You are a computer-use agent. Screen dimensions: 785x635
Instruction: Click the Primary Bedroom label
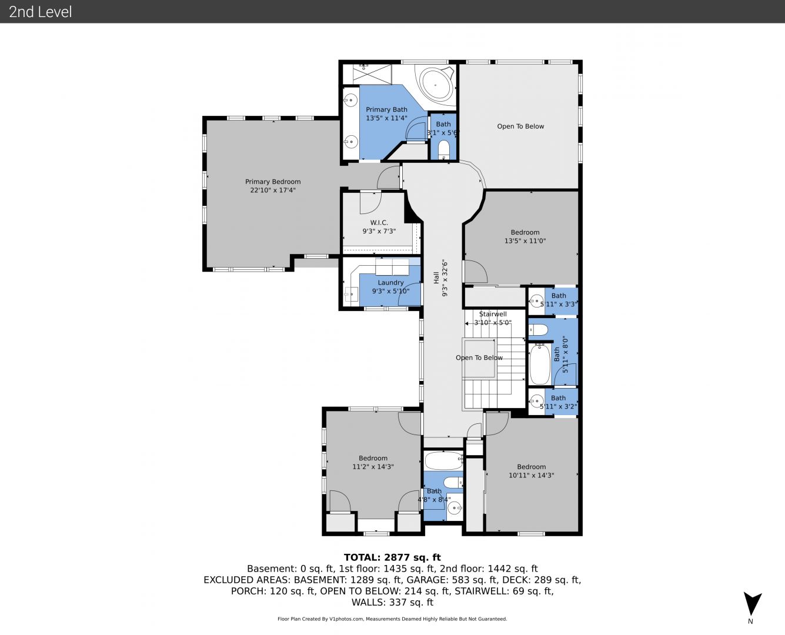(273, 182)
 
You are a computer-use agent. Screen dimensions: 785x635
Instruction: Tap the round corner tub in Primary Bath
(436, 85)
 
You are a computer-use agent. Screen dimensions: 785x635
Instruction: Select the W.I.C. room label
(379, 223)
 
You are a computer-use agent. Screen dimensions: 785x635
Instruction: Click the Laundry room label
(390, 283)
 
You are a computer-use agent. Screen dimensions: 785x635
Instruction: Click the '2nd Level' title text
(40, 12)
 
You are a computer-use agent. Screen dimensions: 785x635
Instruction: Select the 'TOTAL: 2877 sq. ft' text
(392, 557)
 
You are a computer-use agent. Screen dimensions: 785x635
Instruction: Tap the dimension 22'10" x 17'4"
(273, 190)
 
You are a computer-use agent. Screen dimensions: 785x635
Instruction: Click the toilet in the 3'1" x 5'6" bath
(444, 149)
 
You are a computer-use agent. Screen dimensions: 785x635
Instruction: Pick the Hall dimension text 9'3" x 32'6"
(445, 278)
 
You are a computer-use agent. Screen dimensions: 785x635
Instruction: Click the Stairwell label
(493, 314)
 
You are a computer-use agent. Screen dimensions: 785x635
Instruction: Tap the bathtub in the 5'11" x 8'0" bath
(540, 364)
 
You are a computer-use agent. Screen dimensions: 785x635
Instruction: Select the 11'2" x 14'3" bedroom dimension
(373, 467)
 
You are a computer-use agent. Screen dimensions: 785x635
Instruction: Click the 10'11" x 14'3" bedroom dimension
(531, 475)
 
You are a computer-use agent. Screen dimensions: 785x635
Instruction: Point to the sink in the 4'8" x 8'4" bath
(455, 509)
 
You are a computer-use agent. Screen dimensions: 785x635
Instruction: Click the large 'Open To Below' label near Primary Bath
(520, 126)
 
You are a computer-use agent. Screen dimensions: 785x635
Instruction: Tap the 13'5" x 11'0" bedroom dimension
(525, 240)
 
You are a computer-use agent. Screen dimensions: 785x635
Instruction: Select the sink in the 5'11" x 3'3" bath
(536, 301)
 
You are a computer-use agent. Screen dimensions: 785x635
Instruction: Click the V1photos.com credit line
(392, 619)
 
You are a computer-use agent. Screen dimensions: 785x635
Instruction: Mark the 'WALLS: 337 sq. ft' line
(392, 602)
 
